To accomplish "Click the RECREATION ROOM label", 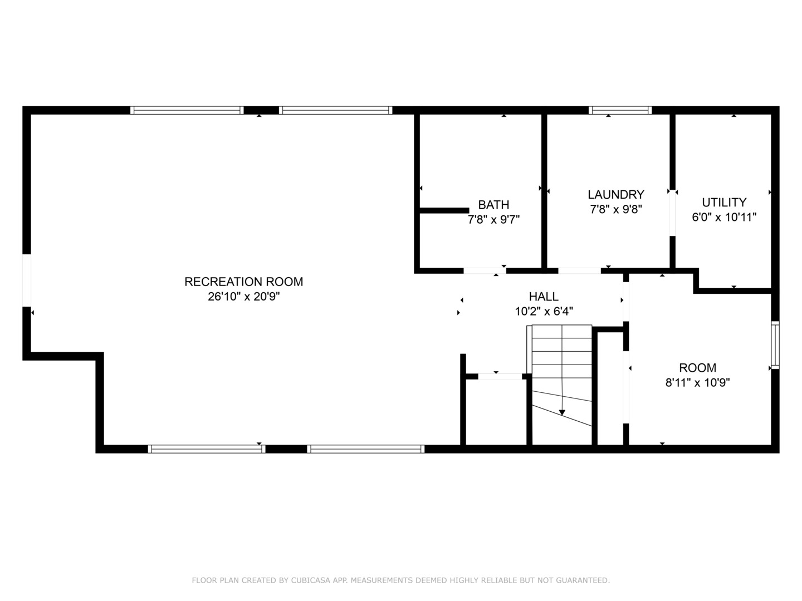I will tap(243, 282).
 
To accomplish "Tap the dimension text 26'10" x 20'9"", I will tap(243, 297).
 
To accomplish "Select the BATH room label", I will tap(493, 204).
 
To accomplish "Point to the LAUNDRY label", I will tap(615, 194).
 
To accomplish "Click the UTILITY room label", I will tap(723, 202).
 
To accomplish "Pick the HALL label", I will tap(543, 297).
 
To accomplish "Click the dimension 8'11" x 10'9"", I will tap(697, 382).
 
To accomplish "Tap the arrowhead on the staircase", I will tap(562, 412).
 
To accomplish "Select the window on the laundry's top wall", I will tap(620, 110).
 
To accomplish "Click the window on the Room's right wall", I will tap(775, 344).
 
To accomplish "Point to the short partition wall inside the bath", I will tap(444, 210).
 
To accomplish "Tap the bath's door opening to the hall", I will tap(485, 271).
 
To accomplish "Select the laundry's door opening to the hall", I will tap(579, 271).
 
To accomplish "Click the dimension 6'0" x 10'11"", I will tap(723, 217).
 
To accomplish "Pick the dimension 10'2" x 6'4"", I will tap(543, 312).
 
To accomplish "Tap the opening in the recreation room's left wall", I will tap(26, 280).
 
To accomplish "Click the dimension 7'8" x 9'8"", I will tap(615, 209).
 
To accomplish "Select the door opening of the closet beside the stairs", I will tap(500, 377).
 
